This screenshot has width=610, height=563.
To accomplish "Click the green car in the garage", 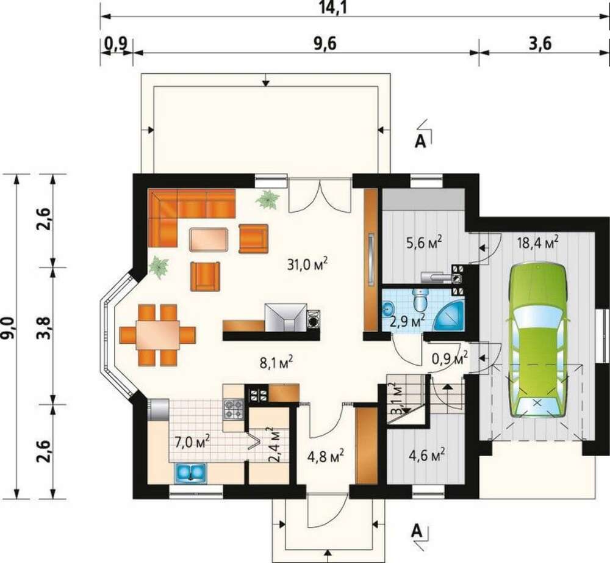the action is pyautogui.click(x=536, y=341).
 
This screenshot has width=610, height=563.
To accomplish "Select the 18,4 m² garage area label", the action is pyautogui.click(x=538, y=242).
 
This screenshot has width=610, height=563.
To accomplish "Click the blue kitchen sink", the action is pyautogui.click(x=190, y=472).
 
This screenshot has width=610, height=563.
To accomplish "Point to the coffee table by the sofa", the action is pyautogui.click(x=209, y=239).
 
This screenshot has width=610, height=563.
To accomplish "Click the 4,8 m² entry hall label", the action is pyautogui.click(x=325, y=456).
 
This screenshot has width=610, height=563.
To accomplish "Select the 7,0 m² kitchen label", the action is pyautogui.click(x=193, y=442).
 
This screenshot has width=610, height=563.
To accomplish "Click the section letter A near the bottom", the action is pyautogui.click(x=417, y=531).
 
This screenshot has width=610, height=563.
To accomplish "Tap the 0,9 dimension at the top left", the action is pyautogui.click(x=117, y=43).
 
